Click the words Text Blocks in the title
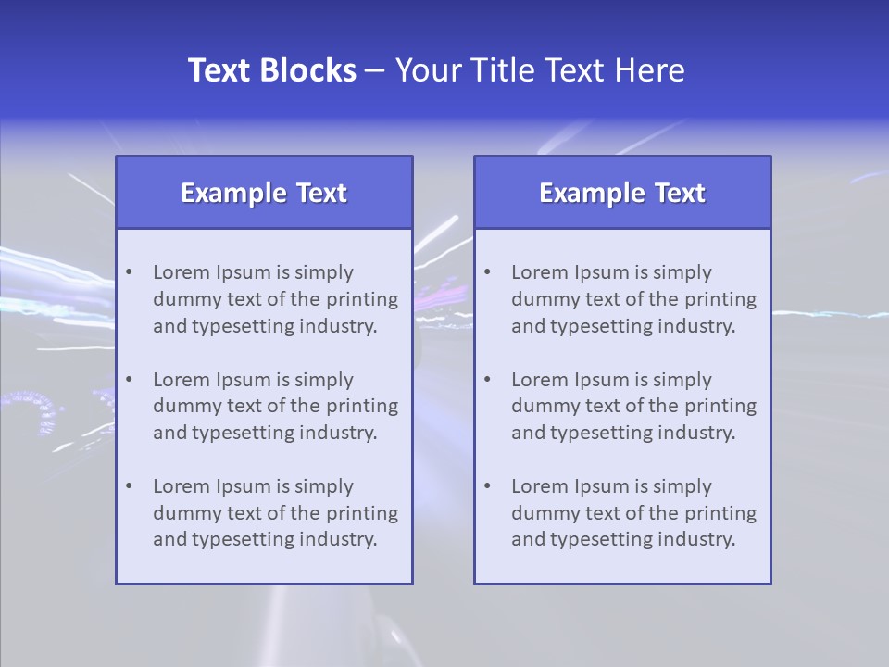[271, 70]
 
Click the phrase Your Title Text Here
[540, 70]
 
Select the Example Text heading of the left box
[264, 193]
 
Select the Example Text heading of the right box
[622, 193]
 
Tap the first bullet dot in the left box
[129, 272]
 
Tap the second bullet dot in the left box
[129, 380]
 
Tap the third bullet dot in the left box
[129, 486]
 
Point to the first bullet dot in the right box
[487, 272]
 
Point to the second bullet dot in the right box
[487, 380]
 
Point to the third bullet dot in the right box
[487, 486]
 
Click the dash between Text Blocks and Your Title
[375, 71]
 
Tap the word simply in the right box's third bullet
[682, 486]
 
